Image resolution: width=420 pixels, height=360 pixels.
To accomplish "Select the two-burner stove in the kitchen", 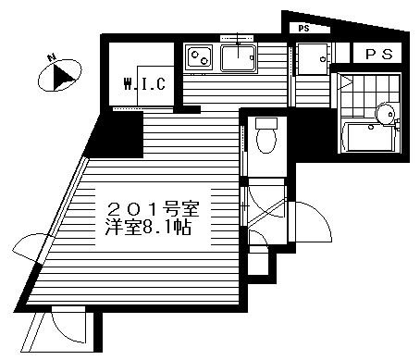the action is [199, 59].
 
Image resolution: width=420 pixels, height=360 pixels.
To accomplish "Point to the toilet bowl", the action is [266, 140].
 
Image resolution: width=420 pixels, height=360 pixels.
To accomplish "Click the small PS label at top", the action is [304, 29].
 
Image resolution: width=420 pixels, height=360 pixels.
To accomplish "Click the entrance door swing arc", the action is [315, 222].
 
